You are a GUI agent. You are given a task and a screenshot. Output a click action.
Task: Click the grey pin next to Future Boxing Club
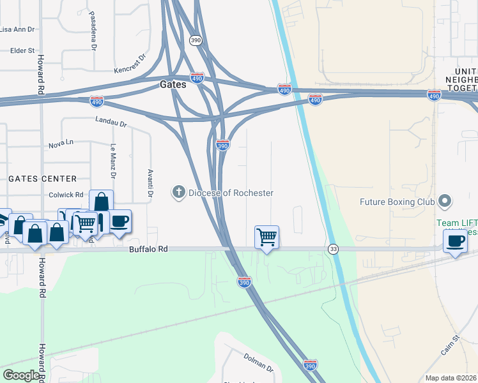[445, 202]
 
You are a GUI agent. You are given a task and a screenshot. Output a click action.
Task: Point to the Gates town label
[173, 84]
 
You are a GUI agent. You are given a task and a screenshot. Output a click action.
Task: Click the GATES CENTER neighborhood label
[42, 179]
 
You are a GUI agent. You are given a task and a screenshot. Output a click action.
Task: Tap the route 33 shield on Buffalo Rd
[333, 248]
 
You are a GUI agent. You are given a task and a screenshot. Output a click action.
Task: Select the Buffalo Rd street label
[148, 249]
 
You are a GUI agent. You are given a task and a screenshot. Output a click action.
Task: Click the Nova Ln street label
[61, 145]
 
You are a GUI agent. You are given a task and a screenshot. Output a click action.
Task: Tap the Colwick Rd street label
[66, 195]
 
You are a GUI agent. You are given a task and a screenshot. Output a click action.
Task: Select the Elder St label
[22, 50]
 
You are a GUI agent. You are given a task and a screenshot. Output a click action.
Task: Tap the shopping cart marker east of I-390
[266, 237]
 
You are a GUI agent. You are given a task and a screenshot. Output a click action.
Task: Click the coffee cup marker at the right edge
[455, 241]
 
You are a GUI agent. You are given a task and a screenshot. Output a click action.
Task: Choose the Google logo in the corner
[21, 375]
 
